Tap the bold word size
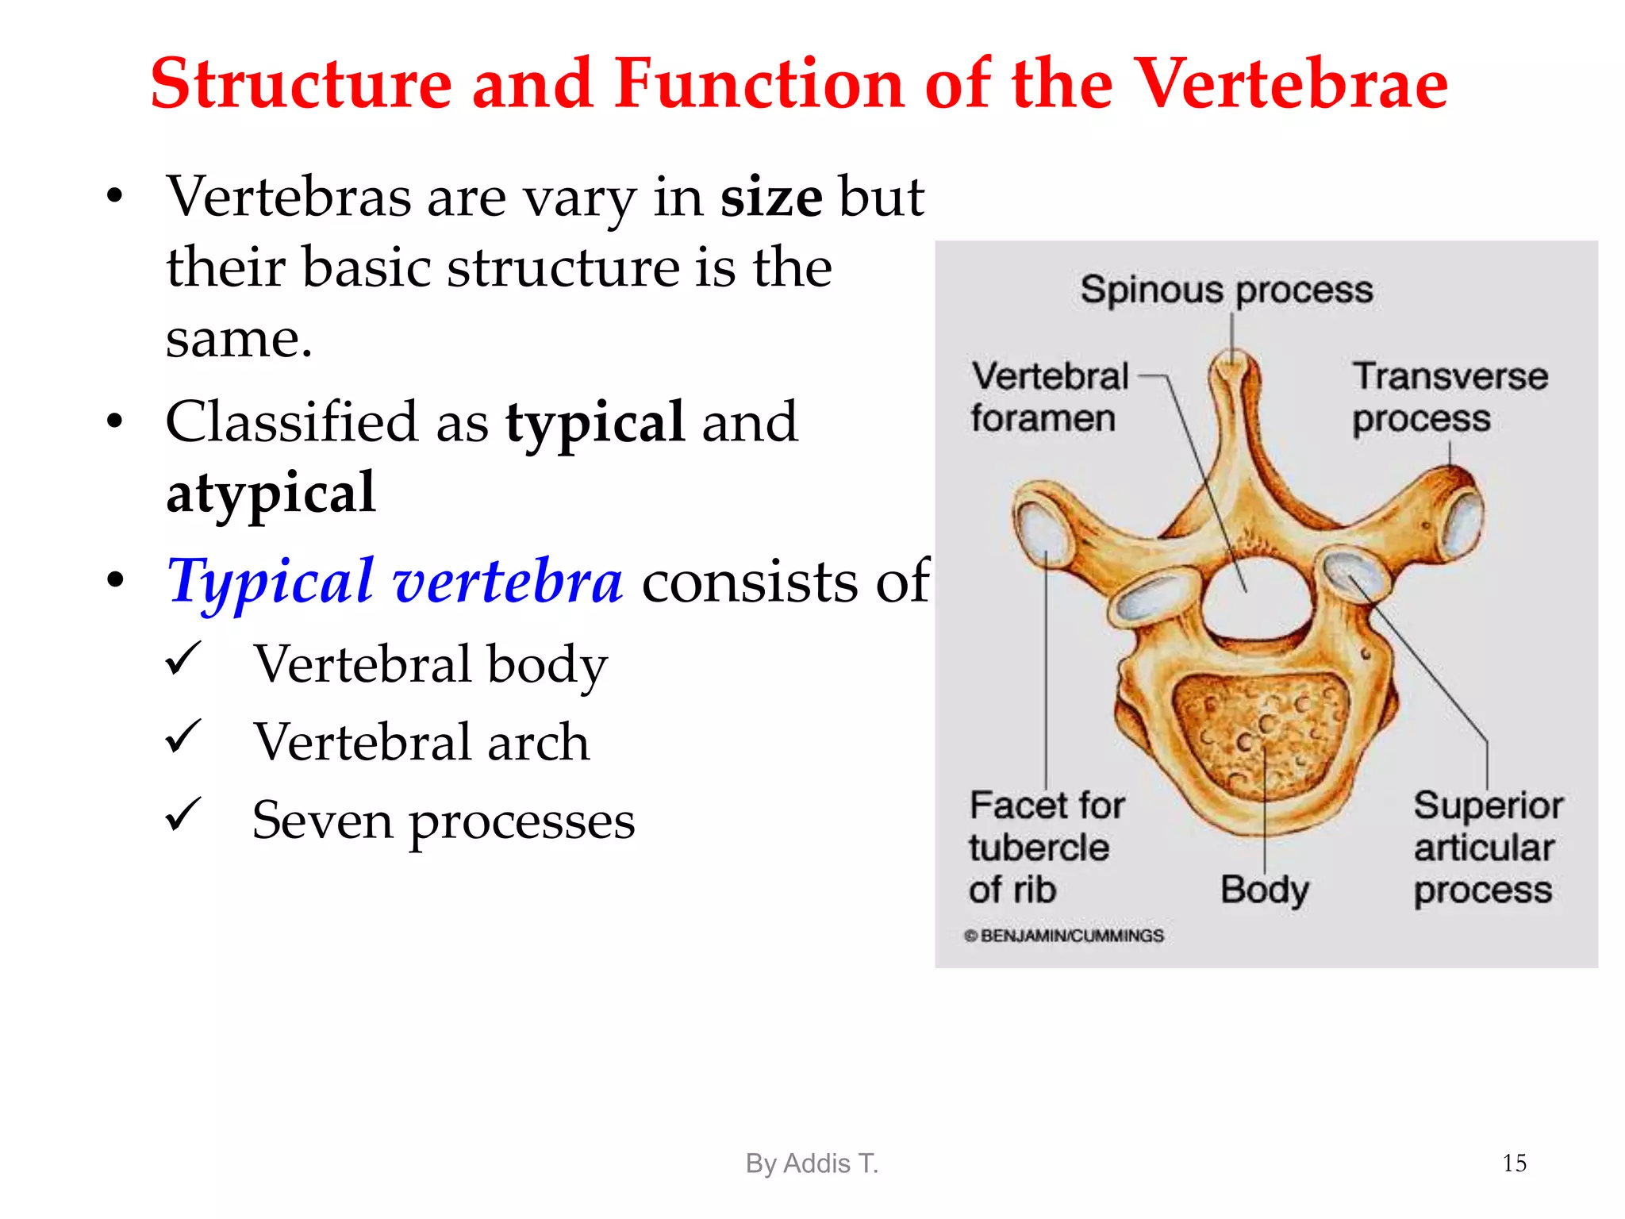click(770, 197)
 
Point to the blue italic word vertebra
click(508, 582)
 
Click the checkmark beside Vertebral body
click(183, 659)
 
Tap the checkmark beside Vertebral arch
click(183, 737)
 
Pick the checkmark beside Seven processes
click(183, 815)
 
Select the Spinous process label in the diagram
click(1226, 290)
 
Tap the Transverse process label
click(1449, 397)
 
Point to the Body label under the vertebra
click(1264, 890)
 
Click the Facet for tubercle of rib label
click(1046, 848)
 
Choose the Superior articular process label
click(1487, 848)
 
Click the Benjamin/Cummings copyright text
click(1064, 936)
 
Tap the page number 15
click(1514, 1163)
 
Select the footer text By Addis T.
click(812, 1163)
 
